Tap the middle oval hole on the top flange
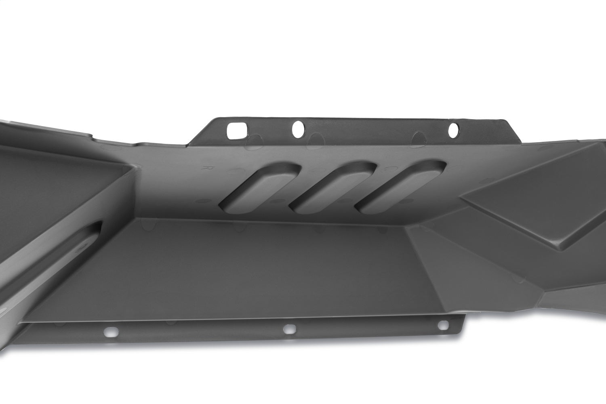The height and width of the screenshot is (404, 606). pos(299,128)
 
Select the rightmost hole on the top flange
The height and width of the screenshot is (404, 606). pos(453,129)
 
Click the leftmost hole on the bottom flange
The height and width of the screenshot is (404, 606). pos(108,332)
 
